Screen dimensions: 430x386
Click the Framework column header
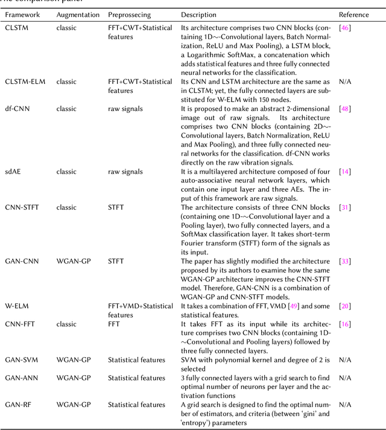pos(22,14)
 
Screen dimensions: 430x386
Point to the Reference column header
pos(354,14)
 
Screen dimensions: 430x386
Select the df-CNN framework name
pos(17,108)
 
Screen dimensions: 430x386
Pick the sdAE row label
pos(14,171)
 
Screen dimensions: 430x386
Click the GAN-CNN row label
pos(22,262)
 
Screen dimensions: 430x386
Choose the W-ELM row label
pos(16,307)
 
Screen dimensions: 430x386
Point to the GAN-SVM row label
pos(22,360)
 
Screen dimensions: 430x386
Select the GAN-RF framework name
pos(19,405)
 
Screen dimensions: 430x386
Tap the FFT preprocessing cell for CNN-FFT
pos(115,324)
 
